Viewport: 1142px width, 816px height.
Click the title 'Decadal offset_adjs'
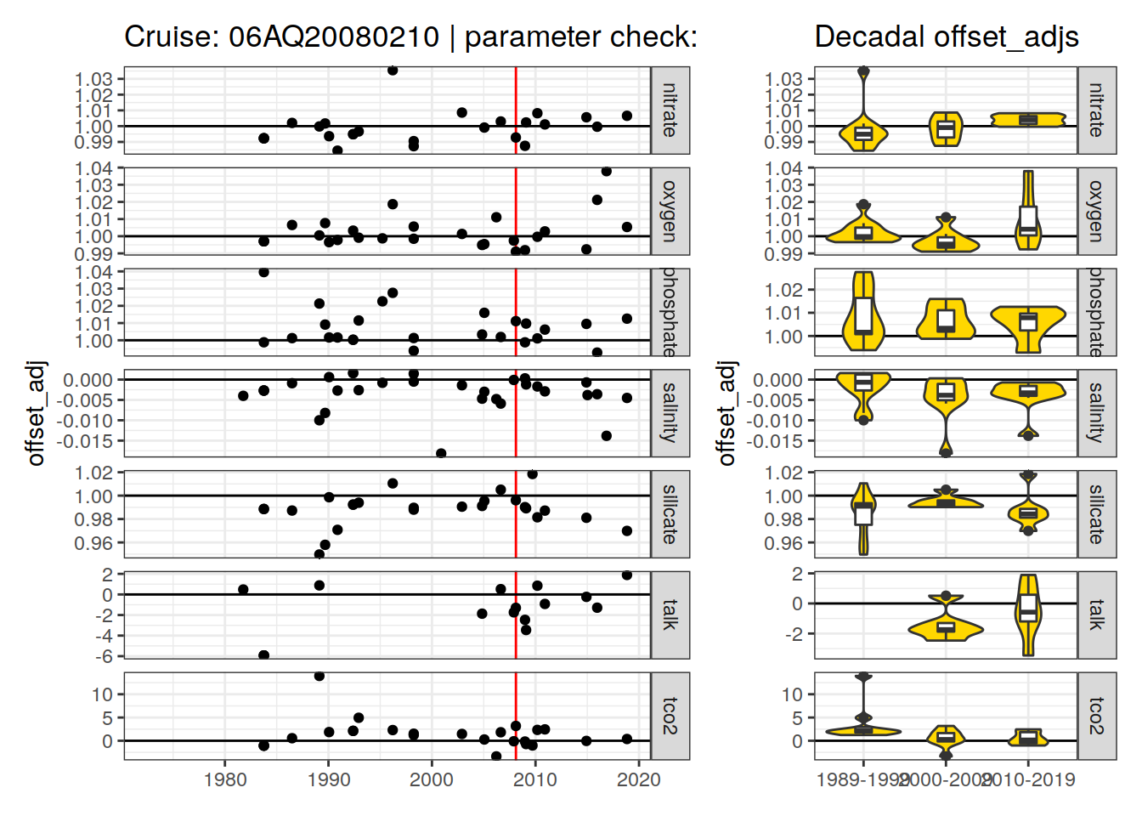click(946, 37)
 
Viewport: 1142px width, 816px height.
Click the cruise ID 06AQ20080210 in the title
click(333, 37)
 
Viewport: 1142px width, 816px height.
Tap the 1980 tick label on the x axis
click(225, 779)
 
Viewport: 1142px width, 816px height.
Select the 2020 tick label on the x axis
click(639, 779)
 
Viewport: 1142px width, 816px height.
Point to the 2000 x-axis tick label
click(432, 779)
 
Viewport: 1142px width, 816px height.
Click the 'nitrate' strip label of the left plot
click(670, 110)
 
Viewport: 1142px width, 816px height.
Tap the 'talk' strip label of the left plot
click(670, 615)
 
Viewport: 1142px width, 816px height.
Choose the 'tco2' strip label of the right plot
click(1097, 716)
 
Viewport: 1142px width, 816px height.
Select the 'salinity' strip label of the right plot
click(1097, 413)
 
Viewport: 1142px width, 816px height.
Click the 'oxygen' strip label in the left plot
click(670, 211)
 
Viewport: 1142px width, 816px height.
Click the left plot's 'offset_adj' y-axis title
click(36, 413)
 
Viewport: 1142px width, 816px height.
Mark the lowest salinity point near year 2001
click(441, 453)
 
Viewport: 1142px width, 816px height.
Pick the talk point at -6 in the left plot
click(263, 655)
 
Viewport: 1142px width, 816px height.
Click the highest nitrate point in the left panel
click(393, 71)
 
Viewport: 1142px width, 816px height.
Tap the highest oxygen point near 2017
click(607, 172)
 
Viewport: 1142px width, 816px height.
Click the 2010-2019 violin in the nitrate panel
click(1028, 120)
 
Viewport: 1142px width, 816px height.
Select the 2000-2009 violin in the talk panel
click(946, 627)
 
